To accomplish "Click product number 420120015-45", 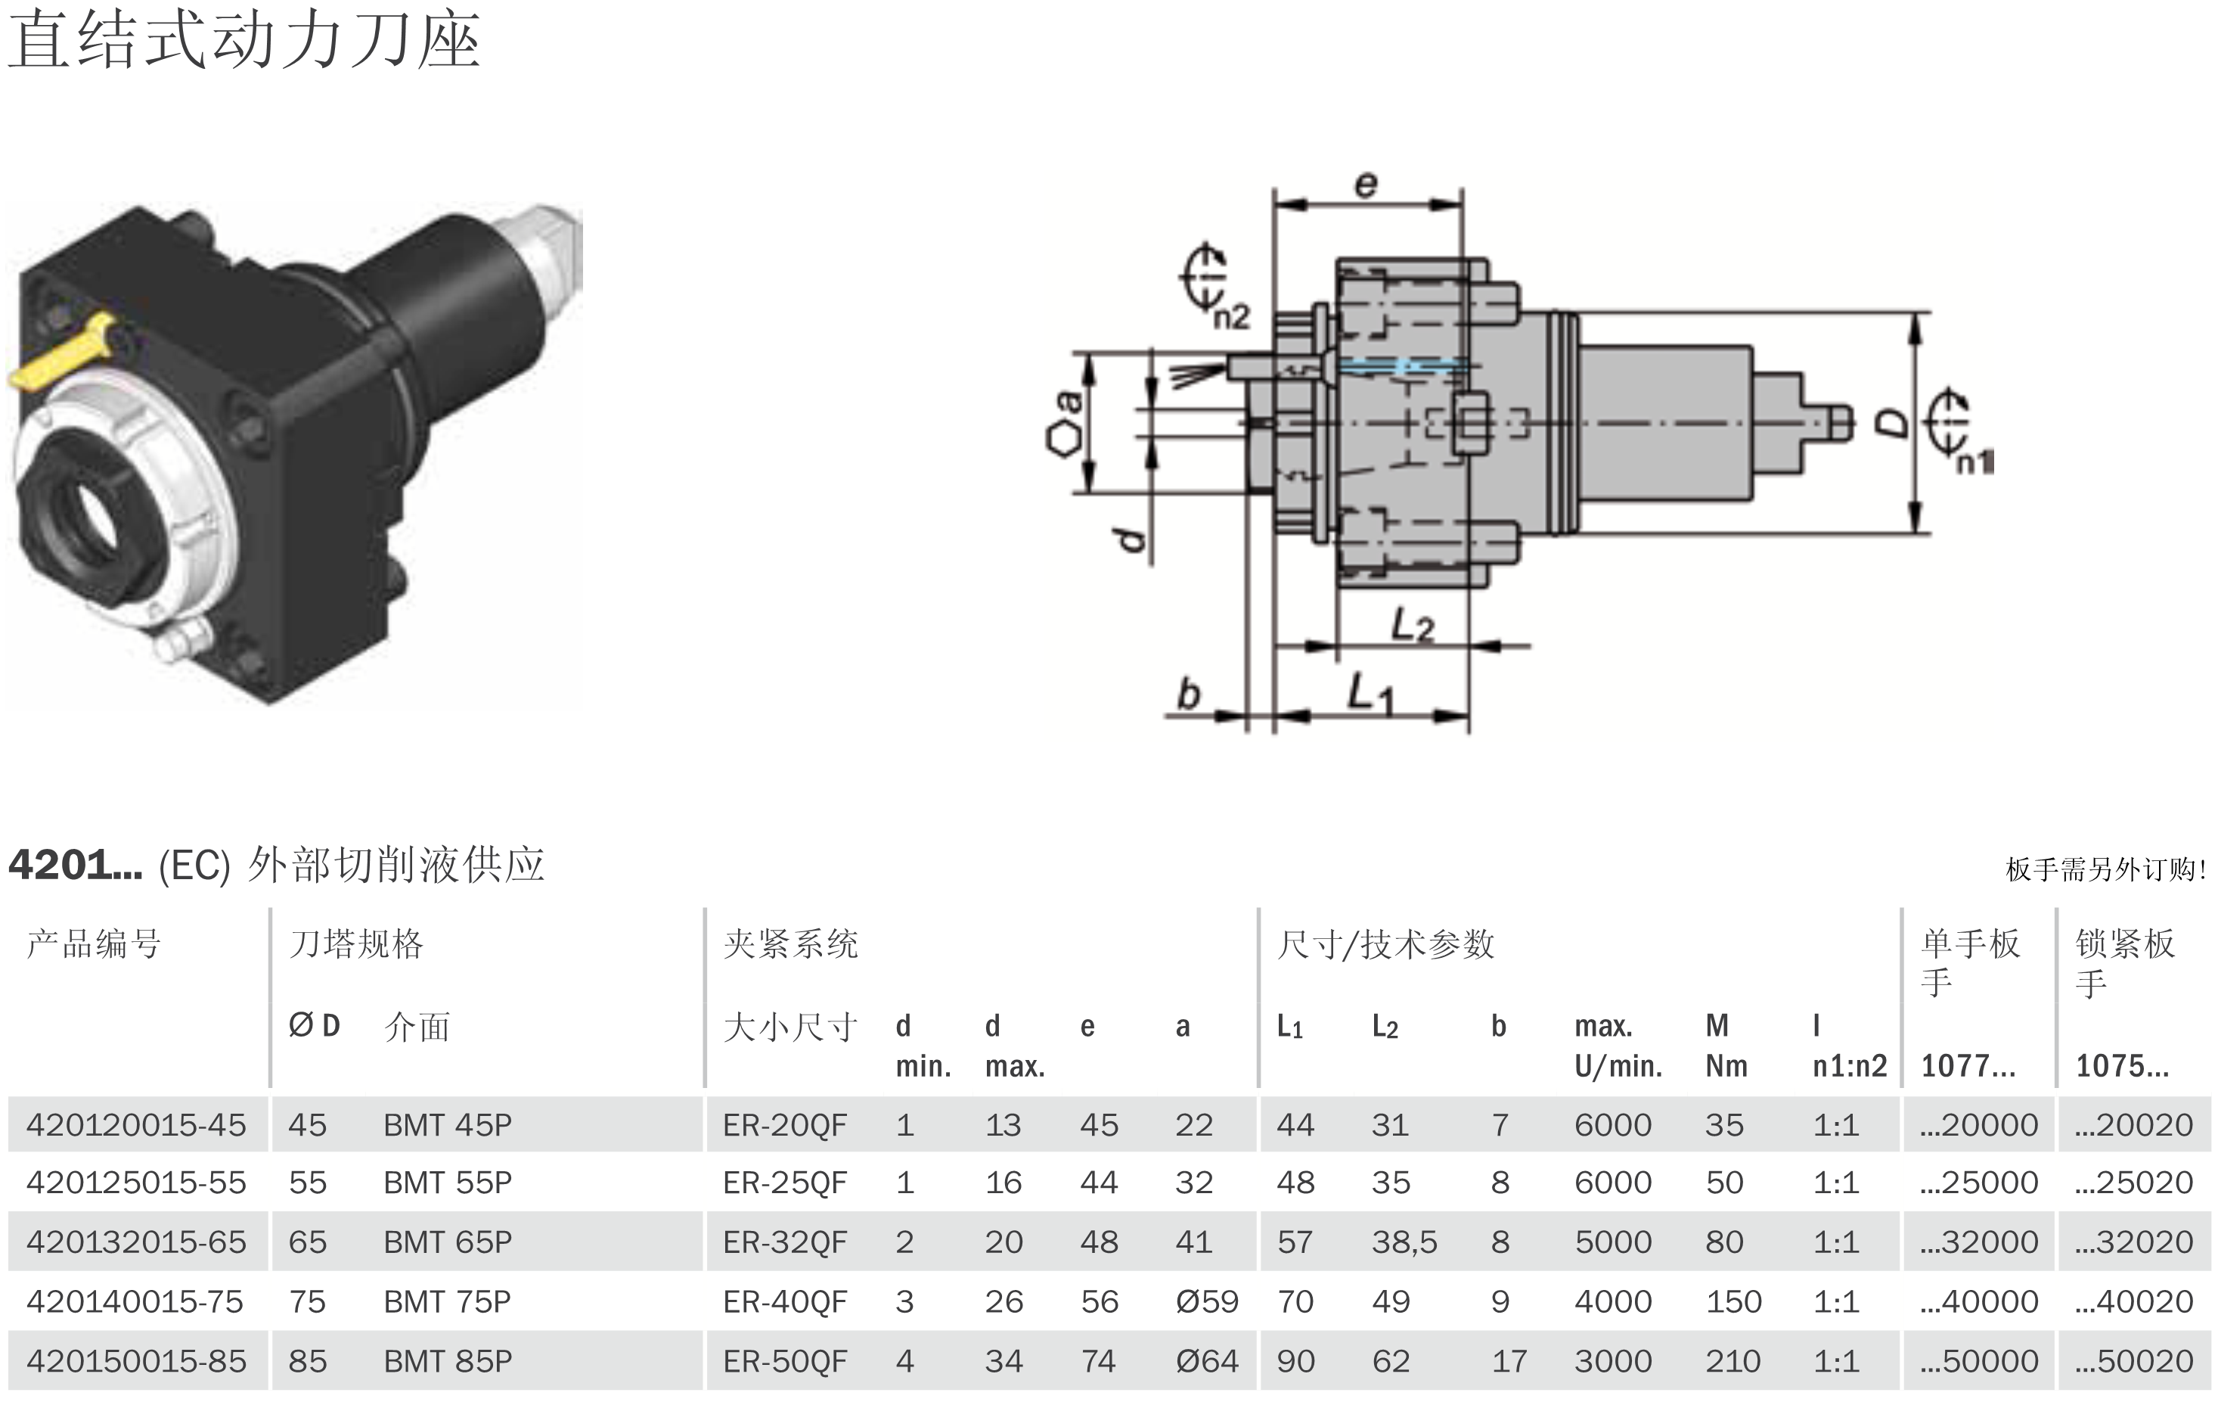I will click(x=136, y=1125).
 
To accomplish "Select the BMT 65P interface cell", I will click(x=448, y=1242).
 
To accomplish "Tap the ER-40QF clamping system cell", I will click(x=784, y=1302).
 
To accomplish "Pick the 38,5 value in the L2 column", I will click(x=1404, y=1242).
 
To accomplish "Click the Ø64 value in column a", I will click(x=1207, y=1361).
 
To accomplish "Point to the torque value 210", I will click(x=1733, y=1361).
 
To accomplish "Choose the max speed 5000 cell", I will click(x=1613, y=1242).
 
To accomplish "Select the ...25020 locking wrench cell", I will click(x=2134, y=1182).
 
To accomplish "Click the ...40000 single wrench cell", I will click(x=1978, y=1302).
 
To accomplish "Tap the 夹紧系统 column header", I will click(x=790, y=944).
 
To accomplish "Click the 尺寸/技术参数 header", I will click(x=1385, y=944).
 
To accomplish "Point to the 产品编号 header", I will click(x=94, y=944).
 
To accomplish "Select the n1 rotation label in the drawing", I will click(x=1974, y=462).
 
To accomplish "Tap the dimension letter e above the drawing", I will click(x=1366, y=185).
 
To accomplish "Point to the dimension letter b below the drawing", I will click(x=1189, y=694).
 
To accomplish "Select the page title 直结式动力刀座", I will click(x=244, y=42).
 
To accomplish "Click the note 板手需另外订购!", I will click(x=2105, y=869).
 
